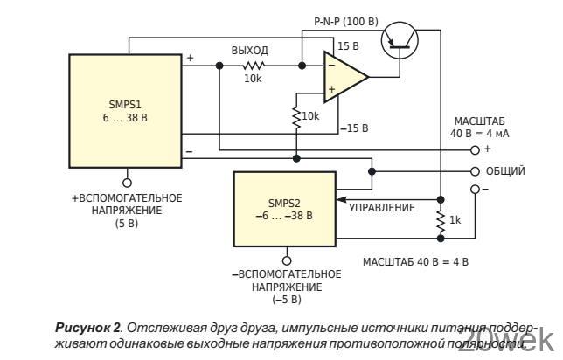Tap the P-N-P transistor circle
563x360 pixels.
(400, 39)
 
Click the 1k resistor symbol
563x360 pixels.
(440, 221)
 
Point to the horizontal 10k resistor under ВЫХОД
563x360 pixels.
(254, 65)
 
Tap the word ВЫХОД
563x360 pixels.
(249, 51)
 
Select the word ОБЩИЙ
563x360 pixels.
(505, 171)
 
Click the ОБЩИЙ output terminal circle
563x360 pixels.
(475, 171)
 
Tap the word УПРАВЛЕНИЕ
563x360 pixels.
(382, 208)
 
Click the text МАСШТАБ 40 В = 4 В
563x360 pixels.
(415, 261)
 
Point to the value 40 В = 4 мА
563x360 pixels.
(479, 135)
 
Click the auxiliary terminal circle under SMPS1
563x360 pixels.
(128, 183)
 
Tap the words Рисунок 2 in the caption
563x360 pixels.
(87, 327)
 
